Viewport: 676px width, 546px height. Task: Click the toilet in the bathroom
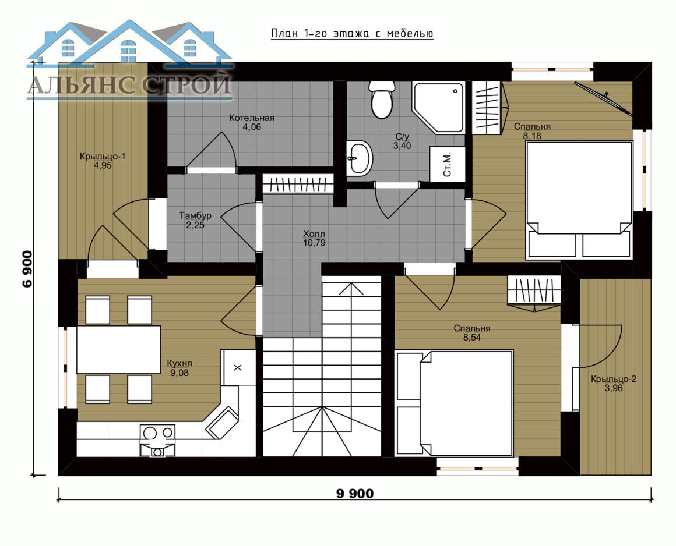[x=381, y=100]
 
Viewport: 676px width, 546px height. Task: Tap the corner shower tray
[x=439, y=107]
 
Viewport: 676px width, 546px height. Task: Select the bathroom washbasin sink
[x=360, y=158]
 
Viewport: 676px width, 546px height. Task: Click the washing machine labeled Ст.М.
[x=448, y=164]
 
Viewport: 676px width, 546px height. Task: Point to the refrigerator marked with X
[x=238, y=367]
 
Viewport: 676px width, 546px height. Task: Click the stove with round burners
[x=157, y=440]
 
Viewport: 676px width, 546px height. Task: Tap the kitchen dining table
[x=118, y=350]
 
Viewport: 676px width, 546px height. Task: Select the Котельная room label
[x=252, y=118]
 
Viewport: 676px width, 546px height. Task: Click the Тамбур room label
[x=195, y=216]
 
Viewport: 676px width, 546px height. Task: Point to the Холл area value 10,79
[x=314, y=243]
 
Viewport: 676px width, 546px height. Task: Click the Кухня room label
[x=179, y=363]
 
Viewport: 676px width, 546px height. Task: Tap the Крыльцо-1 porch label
[x=103, y=157]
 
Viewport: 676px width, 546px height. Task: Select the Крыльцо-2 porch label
[x=614, y=379]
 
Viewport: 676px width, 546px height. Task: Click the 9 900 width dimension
[x=355, y=494]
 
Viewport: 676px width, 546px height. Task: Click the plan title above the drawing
[x=352, y=34]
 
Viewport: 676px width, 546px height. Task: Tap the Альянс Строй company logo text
[x=129, y=84]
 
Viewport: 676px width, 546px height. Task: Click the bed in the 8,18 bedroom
[x=579, y=201]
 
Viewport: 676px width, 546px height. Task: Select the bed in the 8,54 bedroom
[x=455, y=403]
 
